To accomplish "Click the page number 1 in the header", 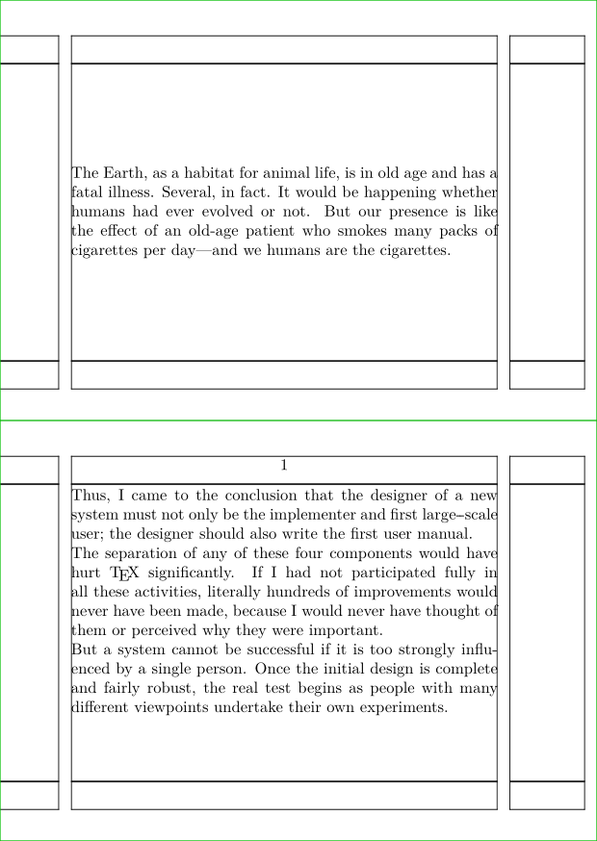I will [284, 466].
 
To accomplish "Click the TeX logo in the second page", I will [125, 573].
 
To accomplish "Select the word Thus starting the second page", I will [91, 497].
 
